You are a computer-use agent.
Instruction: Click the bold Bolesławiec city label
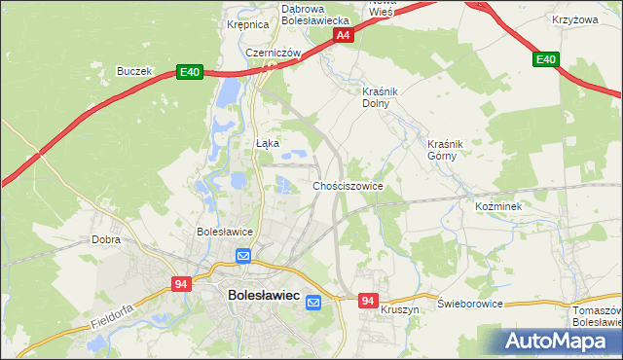coord(263,293)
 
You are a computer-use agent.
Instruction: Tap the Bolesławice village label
coord(225,232)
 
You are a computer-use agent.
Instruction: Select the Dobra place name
coord(105,238)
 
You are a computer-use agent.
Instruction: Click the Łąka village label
coord(267,143)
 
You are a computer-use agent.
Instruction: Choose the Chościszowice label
coord(348,185)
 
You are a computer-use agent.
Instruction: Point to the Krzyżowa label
coord(573,19)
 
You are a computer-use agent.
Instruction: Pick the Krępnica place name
coord(246,25)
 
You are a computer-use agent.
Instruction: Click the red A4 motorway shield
coord(343,35)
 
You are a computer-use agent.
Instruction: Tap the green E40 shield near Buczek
coord(189,72)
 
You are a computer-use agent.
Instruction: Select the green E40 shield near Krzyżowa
coord(546,60)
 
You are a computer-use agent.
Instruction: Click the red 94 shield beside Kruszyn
coord(366,302)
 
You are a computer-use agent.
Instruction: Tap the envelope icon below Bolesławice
coord(243,256)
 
